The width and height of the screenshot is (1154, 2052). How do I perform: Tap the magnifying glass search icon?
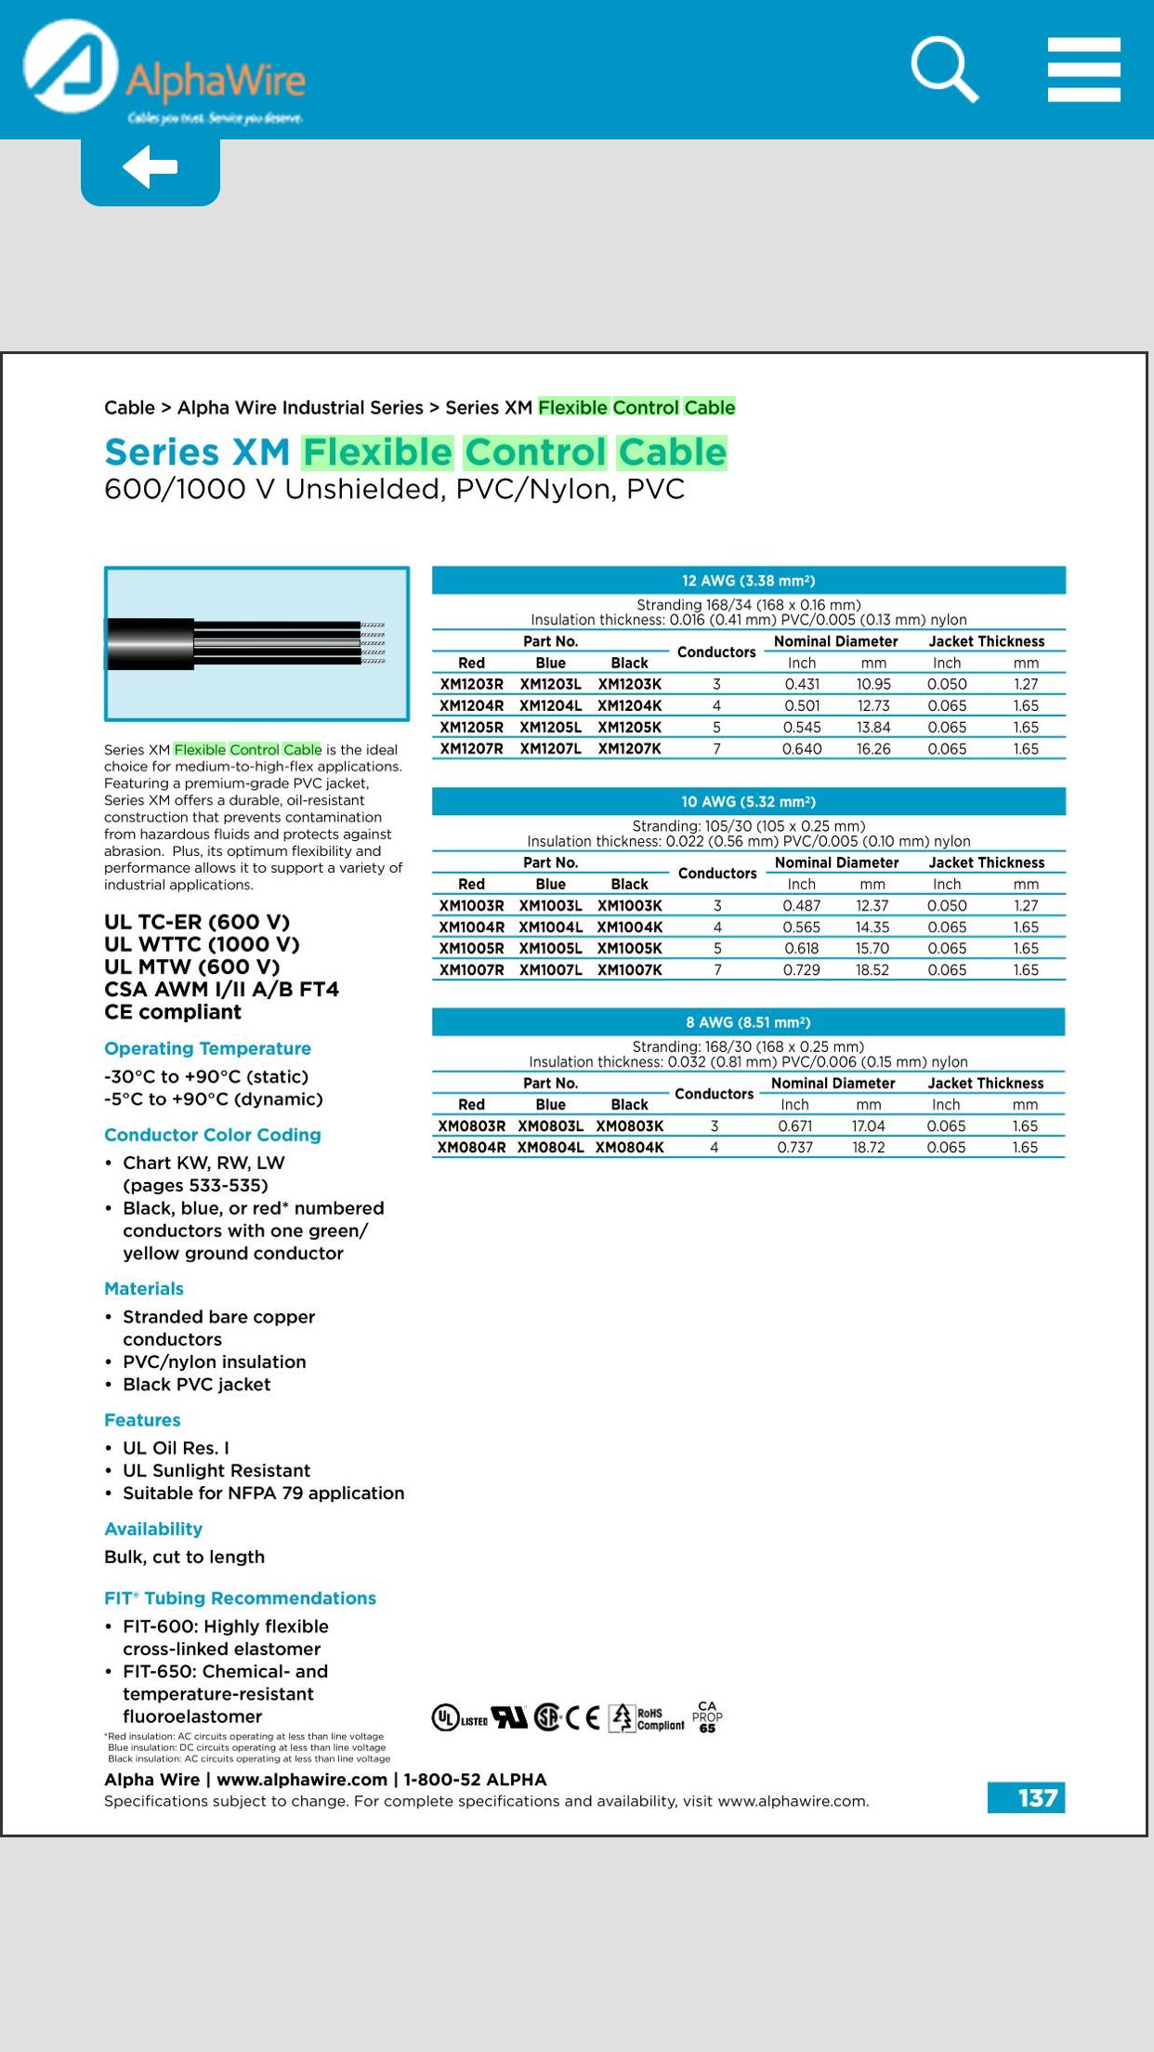pos(944,69)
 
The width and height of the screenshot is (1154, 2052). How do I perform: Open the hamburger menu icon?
pos(1083,70)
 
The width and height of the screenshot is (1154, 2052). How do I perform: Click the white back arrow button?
pos(150,167)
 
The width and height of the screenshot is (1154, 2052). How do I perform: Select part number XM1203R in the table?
pos(471,684)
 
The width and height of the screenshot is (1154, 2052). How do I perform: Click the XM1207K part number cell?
pos(629,749)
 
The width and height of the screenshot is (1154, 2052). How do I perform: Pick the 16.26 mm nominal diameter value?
pos(872,749)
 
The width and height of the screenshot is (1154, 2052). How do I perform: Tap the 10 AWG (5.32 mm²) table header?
pos(748,801)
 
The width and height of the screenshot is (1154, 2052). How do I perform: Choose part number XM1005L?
pos(550,949)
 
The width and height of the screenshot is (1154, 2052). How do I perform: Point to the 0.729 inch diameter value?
pos(801,970)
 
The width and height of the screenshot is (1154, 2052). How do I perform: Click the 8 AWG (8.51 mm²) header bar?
pos(748,1022)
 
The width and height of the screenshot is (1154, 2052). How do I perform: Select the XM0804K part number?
pos(629,1148)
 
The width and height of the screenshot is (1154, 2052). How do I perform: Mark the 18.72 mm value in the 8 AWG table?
pos(868,1148)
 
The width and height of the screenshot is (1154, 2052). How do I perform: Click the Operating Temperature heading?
pos(207,1048)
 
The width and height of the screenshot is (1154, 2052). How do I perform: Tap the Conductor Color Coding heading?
pos(213,1135)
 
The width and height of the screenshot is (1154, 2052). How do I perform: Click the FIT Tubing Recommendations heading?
pos(240,1598)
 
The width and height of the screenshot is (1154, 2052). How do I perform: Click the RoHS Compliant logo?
pos(648,1718)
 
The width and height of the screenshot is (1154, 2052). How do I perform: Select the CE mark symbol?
pos(583,1718)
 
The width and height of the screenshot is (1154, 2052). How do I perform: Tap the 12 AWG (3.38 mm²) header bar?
pos(748,581)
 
